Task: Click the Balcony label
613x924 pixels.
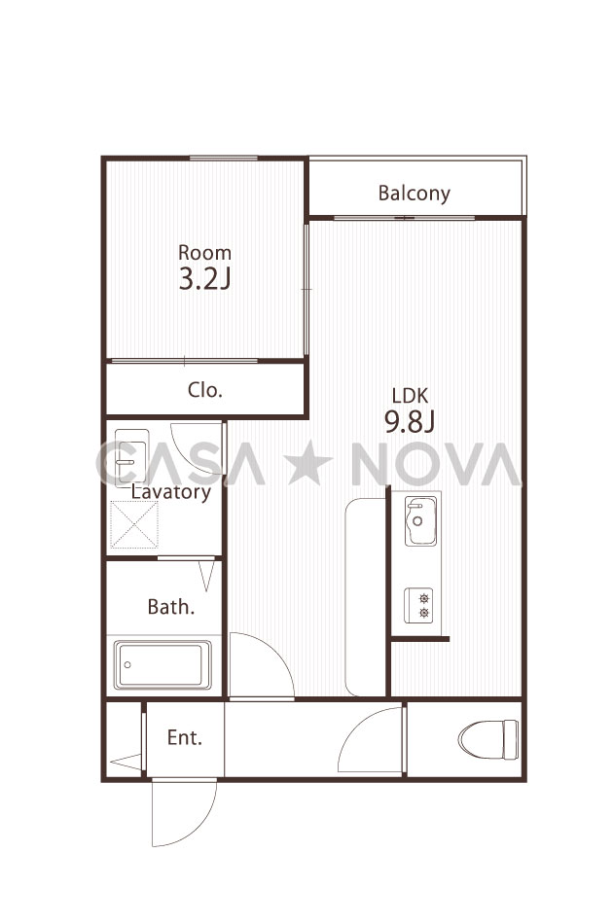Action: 414,194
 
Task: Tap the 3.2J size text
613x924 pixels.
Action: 204,279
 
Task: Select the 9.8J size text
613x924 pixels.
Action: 410,421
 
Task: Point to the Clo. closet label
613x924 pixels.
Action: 205,389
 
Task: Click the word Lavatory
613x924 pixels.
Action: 171,491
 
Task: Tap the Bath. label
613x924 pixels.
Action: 171,606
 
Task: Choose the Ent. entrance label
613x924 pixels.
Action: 185,737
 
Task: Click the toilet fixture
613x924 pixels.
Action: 488,739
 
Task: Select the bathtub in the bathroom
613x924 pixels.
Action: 162,664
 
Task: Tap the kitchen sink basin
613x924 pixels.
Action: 421,520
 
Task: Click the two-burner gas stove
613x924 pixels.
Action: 418,605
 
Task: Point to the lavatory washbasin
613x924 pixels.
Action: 131,458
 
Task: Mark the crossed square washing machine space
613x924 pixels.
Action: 134,524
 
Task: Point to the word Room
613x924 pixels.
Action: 204,253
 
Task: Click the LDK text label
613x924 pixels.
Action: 410,396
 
